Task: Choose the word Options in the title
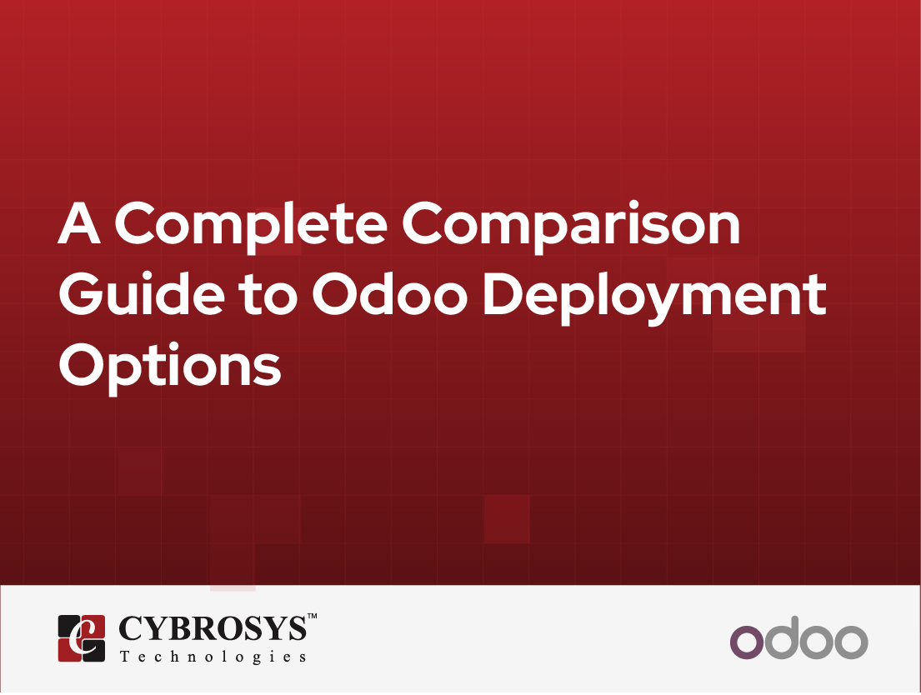coord(169,367)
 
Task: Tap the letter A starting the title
coord(81,225)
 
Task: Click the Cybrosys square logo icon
coord(82,638)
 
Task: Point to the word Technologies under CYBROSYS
coord(213,657)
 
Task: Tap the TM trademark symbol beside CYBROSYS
coord(313,617)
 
